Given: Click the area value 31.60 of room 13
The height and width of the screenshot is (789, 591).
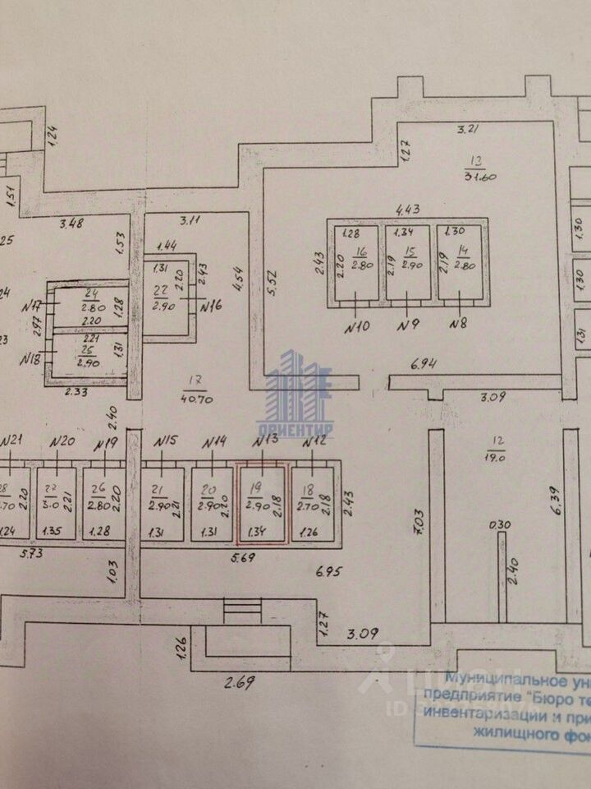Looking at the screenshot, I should [481, 176].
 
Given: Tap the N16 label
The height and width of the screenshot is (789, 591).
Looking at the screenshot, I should [212, 307].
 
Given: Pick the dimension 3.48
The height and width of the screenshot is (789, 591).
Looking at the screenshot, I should [75, 222].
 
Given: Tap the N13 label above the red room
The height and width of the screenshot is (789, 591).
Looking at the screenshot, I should [265, 442].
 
